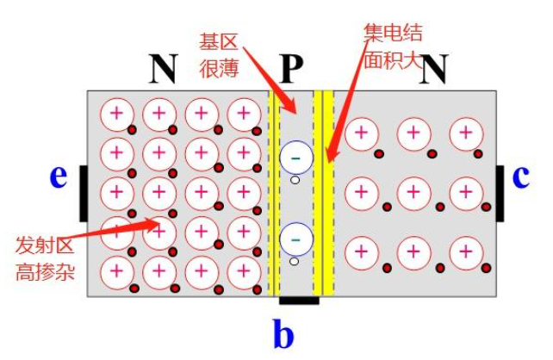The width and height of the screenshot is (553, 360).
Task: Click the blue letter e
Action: click(59, 176)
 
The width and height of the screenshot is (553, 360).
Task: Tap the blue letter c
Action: click(520, 176)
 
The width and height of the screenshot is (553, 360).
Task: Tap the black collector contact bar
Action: click(500, 191)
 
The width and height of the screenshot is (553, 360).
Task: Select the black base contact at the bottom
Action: click(299, 300)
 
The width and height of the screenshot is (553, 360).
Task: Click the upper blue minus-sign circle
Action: click(295, 157)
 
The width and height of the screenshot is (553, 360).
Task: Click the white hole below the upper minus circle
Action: click(295, 180)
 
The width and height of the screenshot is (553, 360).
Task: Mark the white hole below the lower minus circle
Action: click(295, 260)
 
